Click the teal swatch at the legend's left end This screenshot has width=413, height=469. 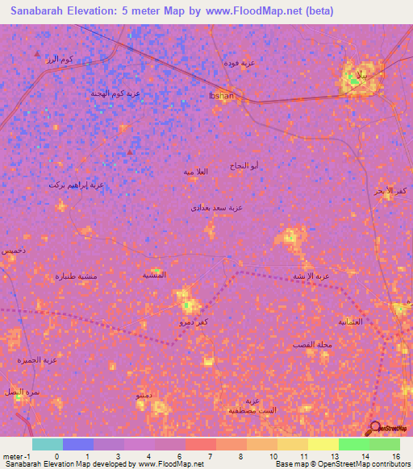48,444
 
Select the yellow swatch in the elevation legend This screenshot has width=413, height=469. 323,444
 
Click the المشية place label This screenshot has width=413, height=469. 154,274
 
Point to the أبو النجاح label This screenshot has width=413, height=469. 245,165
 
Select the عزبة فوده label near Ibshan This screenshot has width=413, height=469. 239,63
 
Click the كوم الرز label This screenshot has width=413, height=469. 60,59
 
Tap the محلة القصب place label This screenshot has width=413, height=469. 313,345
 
